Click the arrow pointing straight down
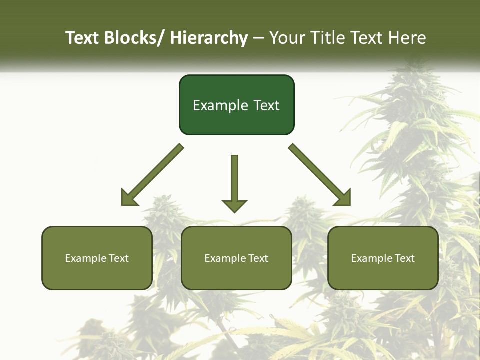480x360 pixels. tap(234, 182)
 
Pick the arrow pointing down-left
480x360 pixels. tap(152, 175)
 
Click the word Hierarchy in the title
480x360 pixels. tap(209, 38)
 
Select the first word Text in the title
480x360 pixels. tap(82, 38)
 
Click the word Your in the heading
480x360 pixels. tap(287, 38)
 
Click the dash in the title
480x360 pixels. tap(258, 38)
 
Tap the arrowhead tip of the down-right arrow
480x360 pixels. tap(349, 204)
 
